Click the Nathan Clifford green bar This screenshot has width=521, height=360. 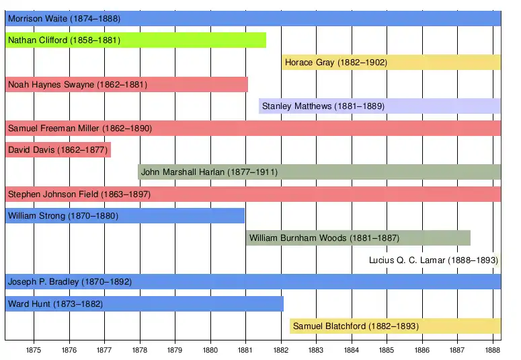(x=135, y=40)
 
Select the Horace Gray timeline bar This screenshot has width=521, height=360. (x=391, y=63)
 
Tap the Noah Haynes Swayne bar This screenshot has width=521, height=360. (x=126, y=85)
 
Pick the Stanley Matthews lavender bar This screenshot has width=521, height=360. (x=380, y=106)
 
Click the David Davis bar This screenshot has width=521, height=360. (x=58, y=150)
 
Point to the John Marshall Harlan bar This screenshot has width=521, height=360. (x=319, y=172)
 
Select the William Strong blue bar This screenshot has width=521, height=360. (x=125, y=216)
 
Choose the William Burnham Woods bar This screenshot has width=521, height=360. (x=358, y=238)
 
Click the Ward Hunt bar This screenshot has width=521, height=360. (x=144, y=304)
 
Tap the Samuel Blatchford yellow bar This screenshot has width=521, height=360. (x=395, y=326)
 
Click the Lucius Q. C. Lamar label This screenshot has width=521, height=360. (x=433, y=260)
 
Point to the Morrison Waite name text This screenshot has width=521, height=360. (x=64, y=19)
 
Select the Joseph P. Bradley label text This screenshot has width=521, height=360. (x=69, y=282)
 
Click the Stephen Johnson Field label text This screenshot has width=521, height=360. (x=79, y=194)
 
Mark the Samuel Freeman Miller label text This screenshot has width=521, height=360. (x=79, y=129)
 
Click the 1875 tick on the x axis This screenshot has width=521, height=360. (x=34, y=350)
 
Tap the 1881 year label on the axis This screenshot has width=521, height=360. (x=245, y=350)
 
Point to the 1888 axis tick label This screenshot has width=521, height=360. (x=492, y=350)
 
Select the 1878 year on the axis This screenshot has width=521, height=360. (x=140, y=350)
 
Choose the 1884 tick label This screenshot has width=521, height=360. (x=351, y=350)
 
